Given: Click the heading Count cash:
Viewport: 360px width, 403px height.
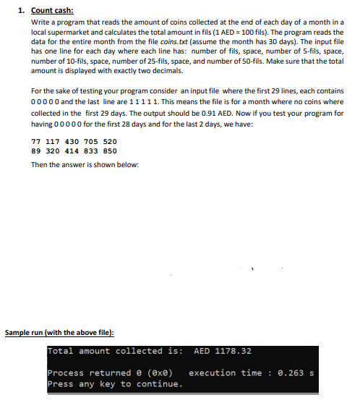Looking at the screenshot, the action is (x=53, y=12).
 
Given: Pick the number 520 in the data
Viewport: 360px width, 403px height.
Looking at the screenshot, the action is (x=110, y=141).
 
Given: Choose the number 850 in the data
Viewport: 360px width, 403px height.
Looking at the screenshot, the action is (x=110, y=151).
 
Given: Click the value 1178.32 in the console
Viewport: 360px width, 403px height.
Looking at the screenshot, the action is (x=233, y=352).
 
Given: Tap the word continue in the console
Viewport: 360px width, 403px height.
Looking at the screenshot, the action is (x=158, y=383).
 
